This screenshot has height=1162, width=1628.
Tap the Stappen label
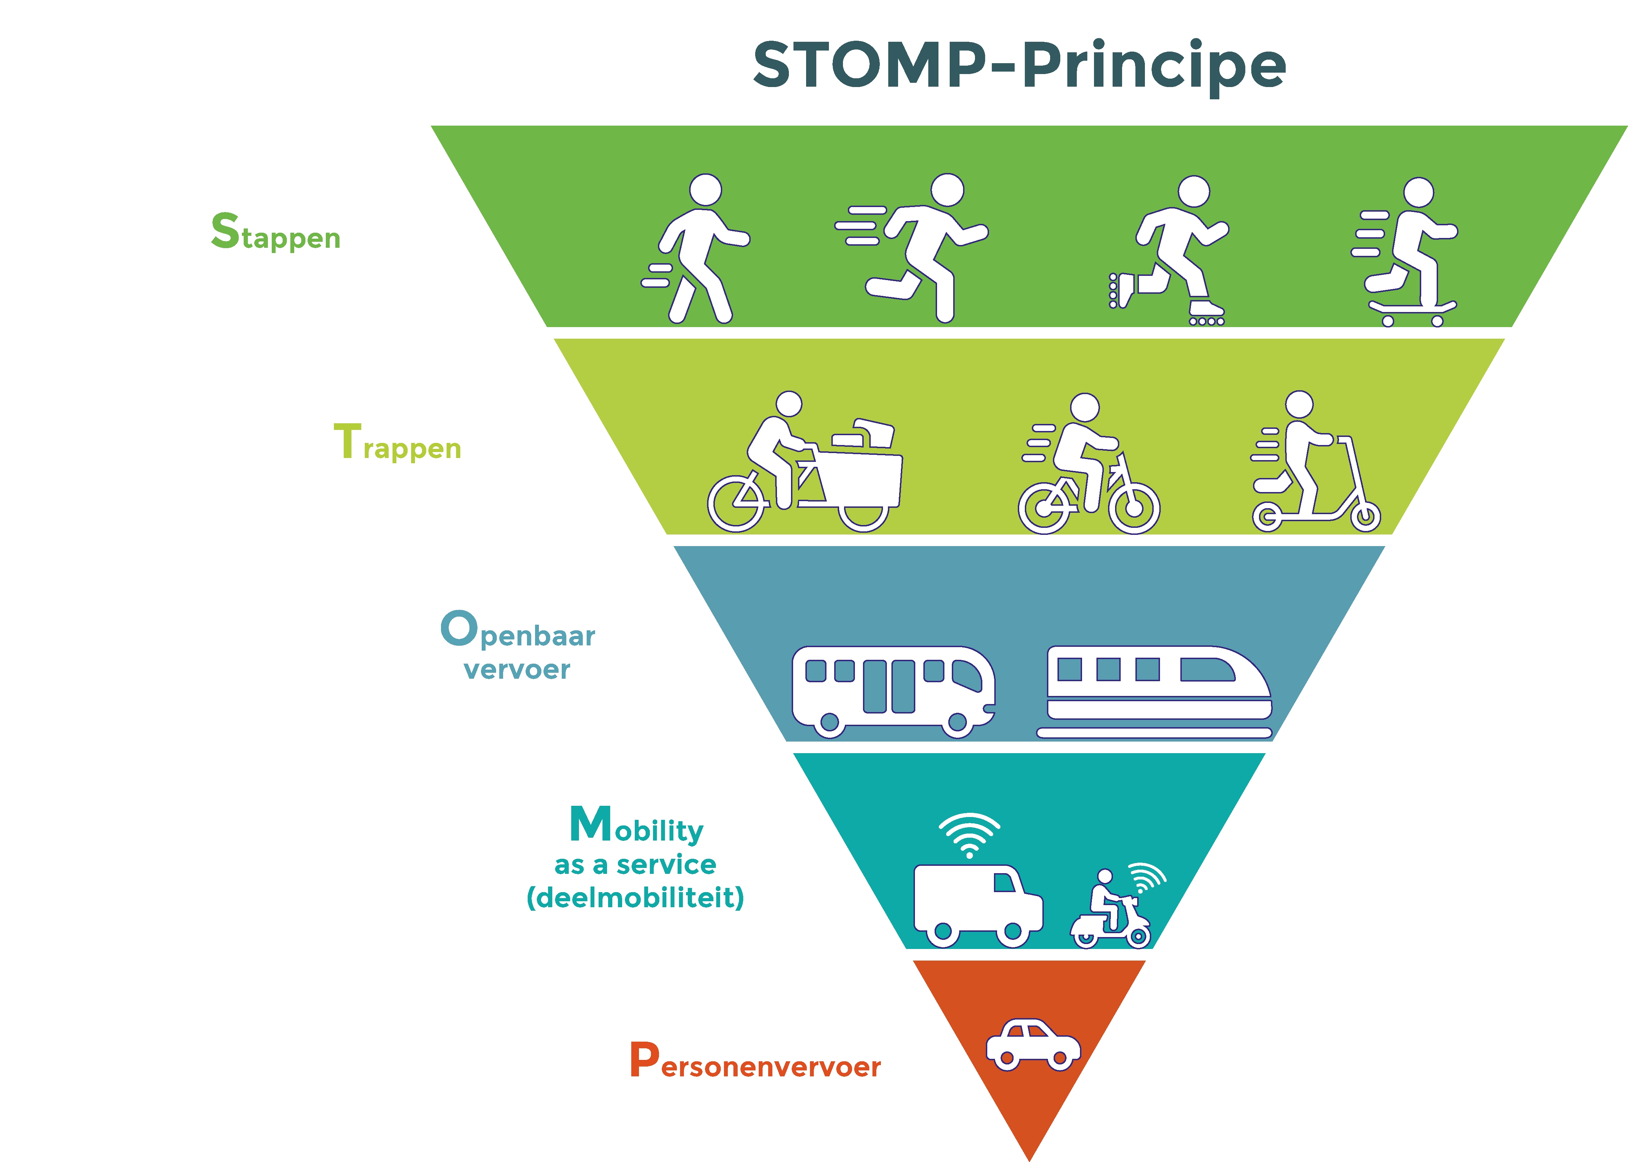(x=276, y=232)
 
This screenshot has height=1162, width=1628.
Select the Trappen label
(x=397, y=443)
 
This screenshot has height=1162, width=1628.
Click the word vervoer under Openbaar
(x=517, y=670)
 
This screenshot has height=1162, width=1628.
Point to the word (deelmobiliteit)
(x=635, y=897)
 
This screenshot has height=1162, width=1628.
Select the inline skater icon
(x=1170, y=251)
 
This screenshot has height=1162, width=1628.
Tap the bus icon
(x=892, y=690)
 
